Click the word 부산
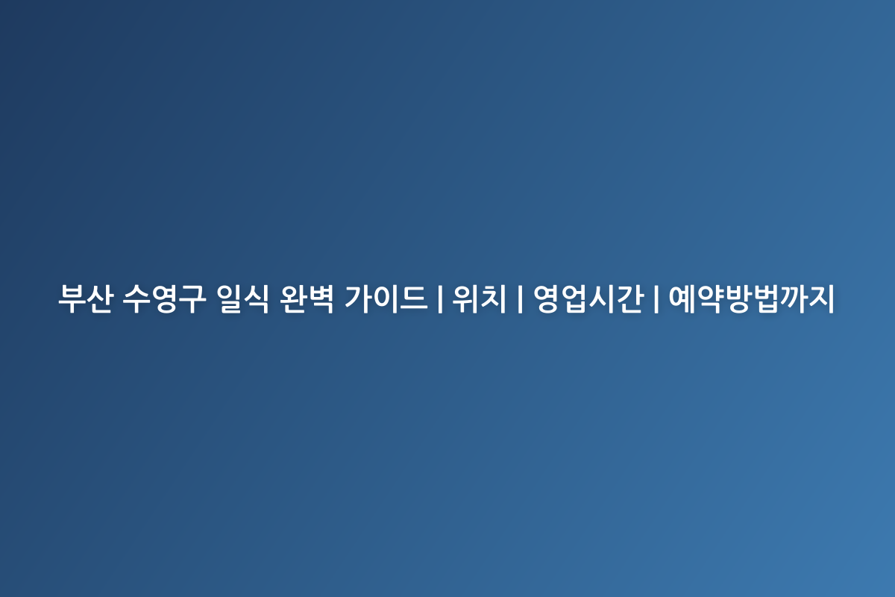pos(84,299)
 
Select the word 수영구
pos(162,299)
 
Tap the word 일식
pos(239,299)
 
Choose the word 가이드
pos(387,299)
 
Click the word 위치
pos(480,299)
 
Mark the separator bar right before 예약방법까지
pos(656,299)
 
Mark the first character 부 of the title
pos(71,299)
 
